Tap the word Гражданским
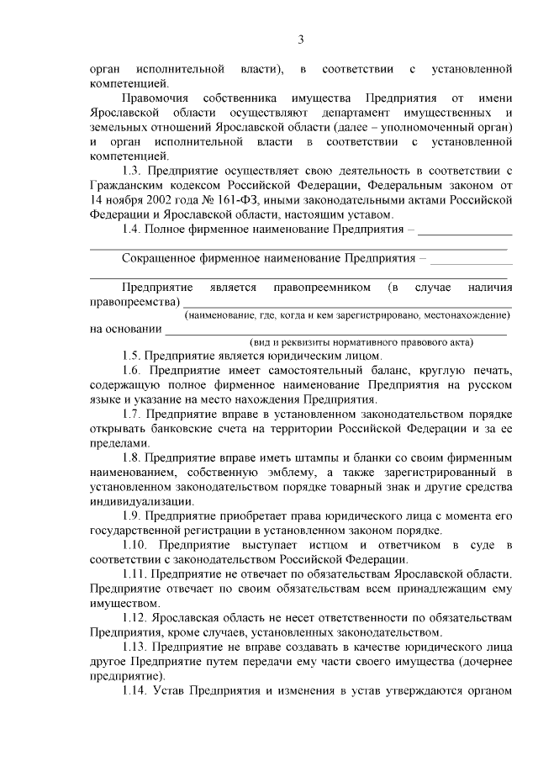(131, 185)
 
